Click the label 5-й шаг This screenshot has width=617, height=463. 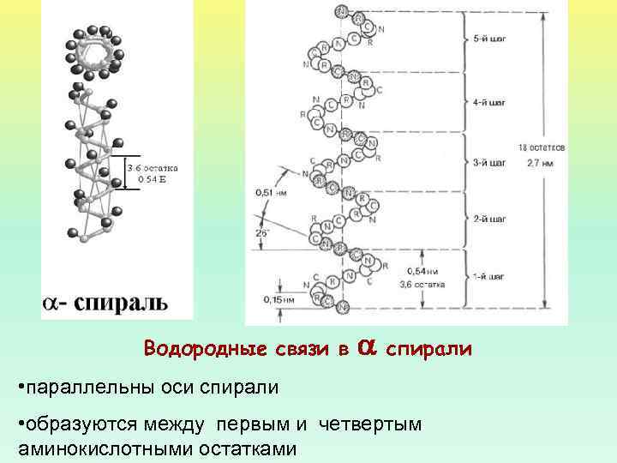[489, 40]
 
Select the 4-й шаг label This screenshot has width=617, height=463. [489, 102]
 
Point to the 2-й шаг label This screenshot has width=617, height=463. [489, 219]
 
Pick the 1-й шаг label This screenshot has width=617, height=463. [489, 277]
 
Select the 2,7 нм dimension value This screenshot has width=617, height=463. [541, 160]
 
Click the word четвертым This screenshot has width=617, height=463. [370, 424]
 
